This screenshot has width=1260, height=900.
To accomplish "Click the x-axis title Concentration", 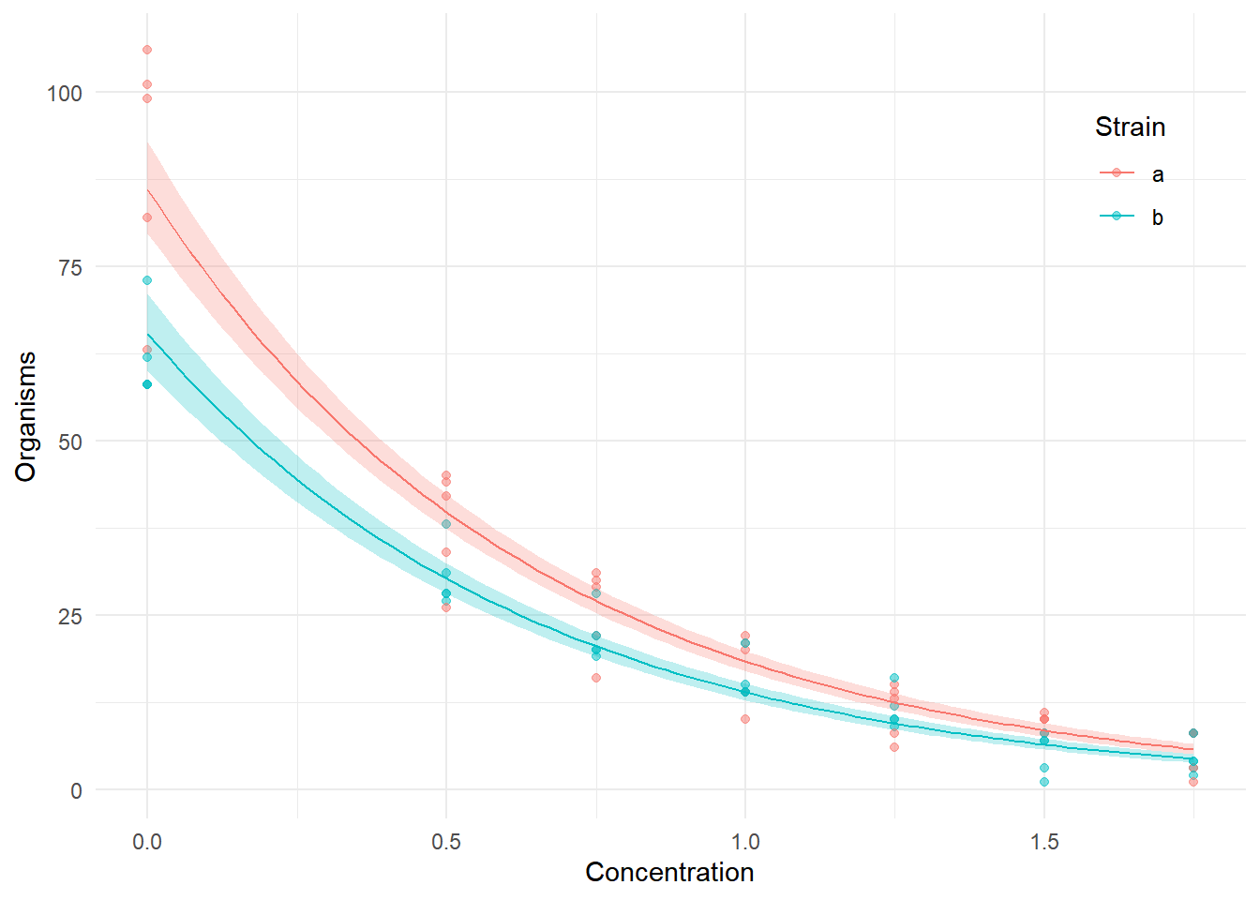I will tap(669, 872).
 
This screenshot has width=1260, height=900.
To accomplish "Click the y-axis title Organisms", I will tap(25, 416).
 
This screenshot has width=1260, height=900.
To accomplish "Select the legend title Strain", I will tap(1130, 127).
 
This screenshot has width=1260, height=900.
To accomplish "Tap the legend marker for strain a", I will tap(1117, 173).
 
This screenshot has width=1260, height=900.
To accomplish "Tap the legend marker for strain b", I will tap(1117, 217).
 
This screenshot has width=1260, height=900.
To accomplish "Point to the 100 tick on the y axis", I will tap(64, 93).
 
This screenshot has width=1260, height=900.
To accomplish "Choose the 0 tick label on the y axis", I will tap(76, 790).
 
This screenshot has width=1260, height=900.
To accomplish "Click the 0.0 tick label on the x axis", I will tap(147, 842).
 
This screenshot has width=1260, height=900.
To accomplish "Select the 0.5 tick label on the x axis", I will tap(446, 842).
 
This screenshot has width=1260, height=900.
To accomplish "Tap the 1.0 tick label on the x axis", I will tap(745, 842).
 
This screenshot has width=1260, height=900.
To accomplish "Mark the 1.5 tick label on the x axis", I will tap(1044, 842).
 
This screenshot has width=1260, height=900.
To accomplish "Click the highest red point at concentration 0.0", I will tap(147, 50).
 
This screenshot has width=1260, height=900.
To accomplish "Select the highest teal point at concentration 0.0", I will tap(147, 280).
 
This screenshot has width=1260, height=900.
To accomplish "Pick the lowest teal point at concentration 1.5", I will tap(1044, 782).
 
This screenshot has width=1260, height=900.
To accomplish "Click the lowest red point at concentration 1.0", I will tap(745, 719).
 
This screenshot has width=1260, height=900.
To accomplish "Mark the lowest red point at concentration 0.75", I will tap(596, 678).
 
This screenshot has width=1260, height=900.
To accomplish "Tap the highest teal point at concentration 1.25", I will tap(894, 678).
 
